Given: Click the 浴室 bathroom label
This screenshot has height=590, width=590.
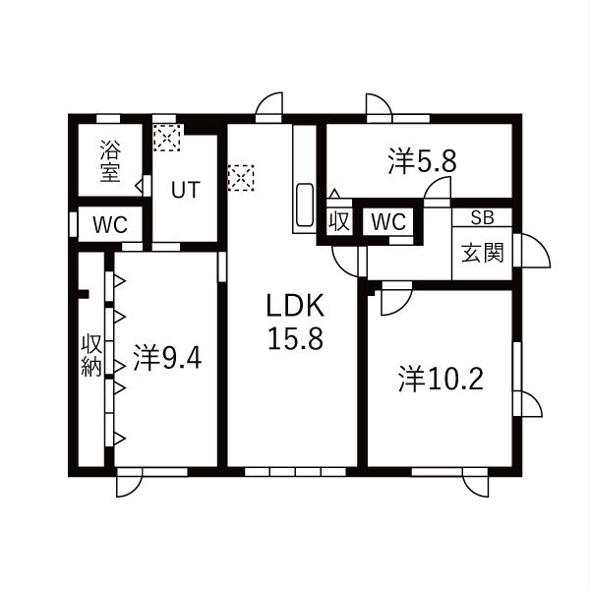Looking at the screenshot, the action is pyautogui.click(x=110, y=161).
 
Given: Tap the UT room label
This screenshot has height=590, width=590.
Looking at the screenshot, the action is pyautogui.click(x=186, y=190).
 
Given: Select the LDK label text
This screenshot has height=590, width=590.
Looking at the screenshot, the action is pyautogui.click(x=295, y=306).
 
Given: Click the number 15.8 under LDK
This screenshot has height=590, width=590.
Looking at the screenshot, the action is pyautogui.click(x=295, y=338).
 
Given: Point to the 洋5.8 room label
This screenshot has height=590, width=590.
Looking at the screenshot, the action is pyautogui.click(x=422, y=162).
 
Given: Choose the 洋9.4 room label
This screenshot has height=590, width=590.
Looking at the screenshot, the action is pyautogui.click(x=167, y=358).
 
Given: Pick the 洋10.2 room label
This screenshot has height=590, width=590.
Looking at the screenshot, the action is pyautogui.click(x=441, y=379).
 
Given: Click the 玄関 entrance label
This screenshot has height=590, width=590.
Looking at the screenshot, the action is pyautogui.click(x=483, y=252).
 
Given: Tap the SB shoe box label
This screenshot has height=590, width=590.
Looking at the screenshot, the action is pyautogui.click(x=483, y=217).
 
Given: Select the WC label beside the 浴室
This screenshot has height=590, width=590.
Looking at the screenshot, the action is pyautogui.click(x=110, y=225).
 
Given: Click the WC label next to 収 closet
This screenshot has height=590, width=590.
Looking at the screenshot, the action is pyautogui.click(x=388, y=221).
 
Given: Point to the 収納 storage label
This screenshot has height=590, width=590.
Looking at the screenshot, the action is pyautogui.click(x=91, y=355).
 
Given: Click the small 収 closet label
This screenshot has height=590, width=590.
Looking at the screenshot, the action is pyautogui.click(x=339, y=221).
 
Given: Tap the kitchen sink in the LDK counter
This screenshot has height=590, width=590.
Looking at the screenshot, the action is pyautogui.click(x=305, y=205).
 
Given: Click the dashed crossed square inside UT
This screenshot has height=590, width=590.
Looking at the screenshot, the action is pyautogui.click(x=167, y=138).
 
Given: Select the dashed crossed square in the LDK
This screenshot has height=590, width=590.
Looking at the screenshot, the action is pyautogui.click(x=241, y=178).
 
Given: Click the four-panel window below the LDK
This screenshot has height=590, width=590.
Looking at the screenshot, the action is pyautogui.click(x=295, y=472).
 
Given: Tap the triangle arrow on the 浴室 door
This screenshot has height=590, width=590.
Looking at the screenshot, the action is pyautogui.click(x=140, y=186).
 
